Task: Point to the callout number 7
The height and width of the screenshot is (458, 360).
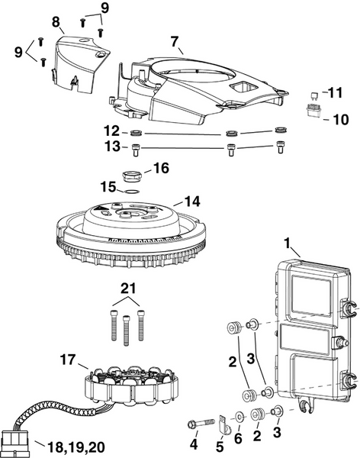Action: click(175, 40)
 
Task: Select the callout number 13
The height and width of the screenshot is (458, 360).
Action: click(111, 147)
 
